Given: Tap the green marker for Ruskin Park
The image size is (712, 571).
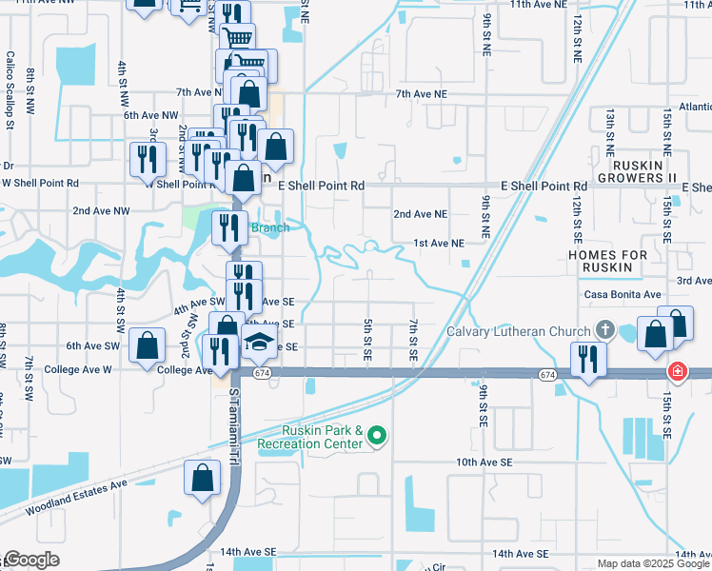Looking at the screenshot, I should pyautogui.click(x=378, y=437).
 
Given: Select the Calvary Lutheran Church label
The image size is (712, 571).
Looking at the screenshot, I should pyautogui.click(x=519, y=331).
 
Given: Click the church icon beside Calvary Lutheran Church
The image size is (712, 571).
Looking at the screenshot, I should pyautogui.click(x=604, y=331).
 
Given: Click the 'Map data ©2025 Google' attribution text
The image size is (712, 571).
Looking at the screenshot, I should pyautogui.click(x=653, y=563).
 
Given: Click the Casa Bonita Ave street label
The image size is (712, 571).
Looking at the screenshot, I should pyautogui.click(x=623, y=295).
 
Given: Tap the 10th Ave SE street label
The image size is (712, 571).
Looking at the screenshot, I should pyautogui.click(x=484, y=462).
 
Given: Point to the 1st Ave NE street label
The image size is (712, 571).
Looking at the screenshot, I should pyautogui.click(x=438, y=244).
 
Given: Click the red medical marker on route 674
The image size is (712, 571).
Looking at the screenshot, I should pyautogui.click(x=677, y=371).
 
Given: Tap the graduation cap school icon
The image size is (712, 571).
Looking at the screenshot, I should pyautogui.click(x=258, y=344).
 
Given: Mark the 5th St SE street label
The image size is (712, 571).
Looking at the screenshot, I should pyautogui.click(x=367, y=340).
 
